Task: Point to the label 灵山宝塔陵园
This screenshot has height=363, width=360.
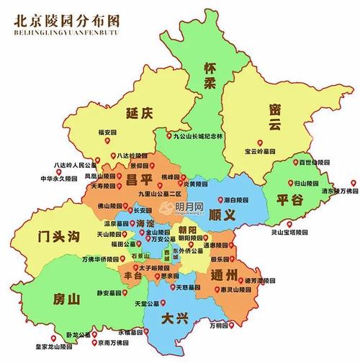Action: [x=289, y=233]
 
